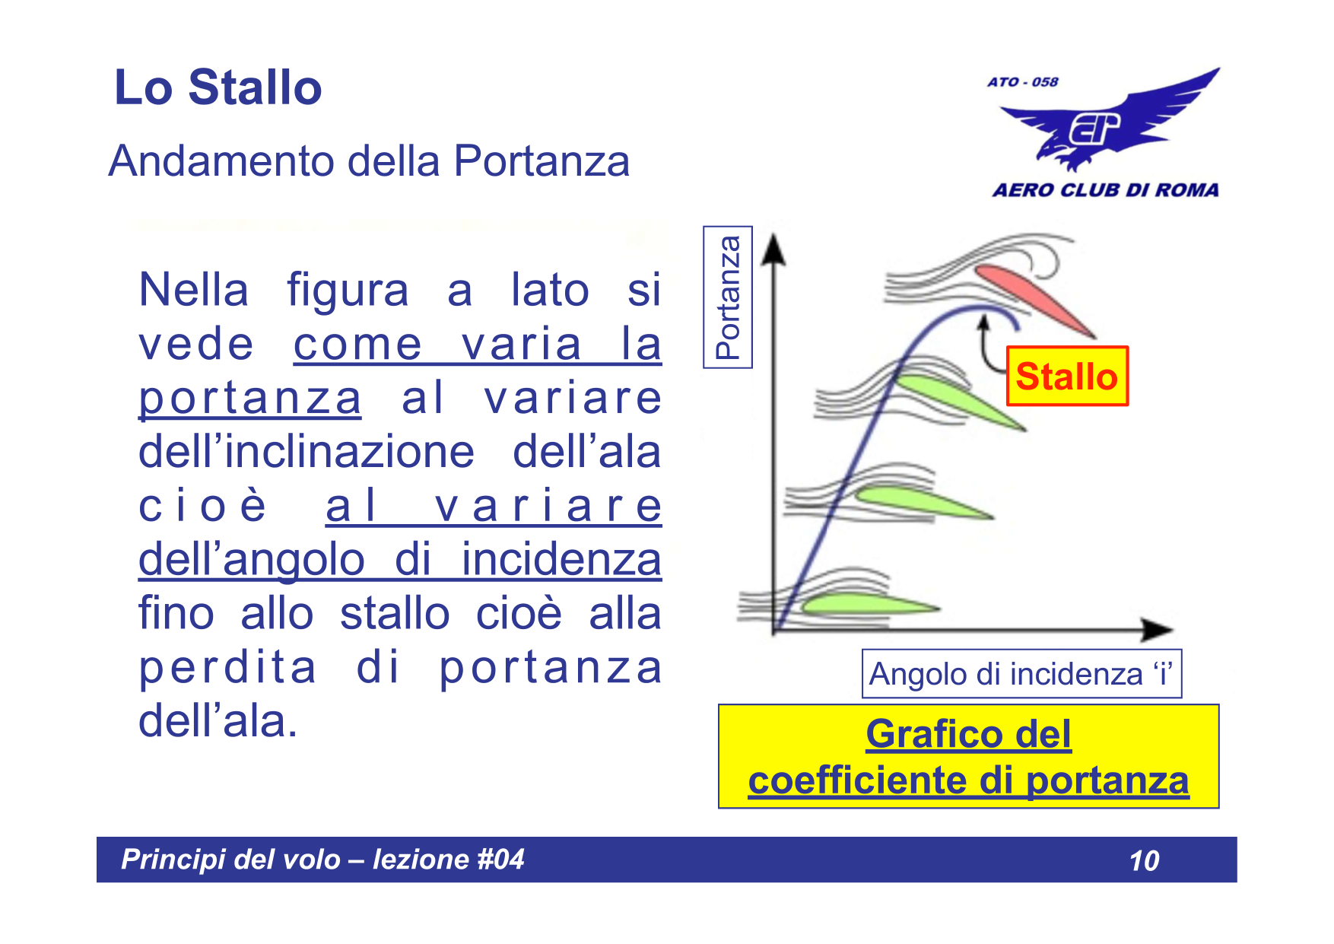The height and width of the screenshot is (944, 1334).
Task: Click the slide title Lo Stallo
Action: click(x=218, y=87)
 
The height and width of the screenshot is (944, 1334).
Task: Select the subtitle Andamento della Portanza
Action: click(x=369, y=161)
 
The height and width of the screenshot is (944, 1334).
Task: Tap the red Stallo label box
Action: click(x=1066, y=377)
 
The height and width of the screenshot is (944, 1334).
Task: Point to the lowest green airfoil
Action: click(x=867, y=605)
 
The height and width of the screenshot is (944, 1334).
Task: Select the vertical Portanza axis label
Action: click(x=728, y=297)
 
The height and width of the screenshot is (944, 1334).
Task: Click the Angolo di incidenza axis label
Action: click(x=1021, y=674)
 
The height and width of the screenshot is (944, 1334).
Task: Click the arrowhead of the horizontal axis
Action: click(x=1157, y=629)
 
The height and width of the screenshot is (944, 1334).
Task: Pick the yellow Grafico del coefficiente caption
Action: click(x=968, y=757)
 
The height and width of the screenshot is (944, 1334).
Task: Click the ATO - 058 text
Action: click(x=1022, y=82)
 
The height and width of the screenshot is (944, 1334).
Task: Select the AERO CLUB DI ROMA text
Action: click(x=1105, y=190)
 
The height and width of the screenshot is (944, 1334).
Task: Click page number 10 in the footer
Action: click(x=1144, y=861)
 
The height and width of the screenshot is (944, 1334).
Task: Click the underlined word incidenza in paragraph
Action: click(x=561, y=560)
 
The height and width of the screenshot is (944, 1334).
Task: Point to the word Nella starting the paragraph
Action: click(x=194, y=291)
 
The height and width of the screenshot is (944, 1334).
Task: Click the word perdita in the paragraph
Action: click(x=227, y=668)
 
